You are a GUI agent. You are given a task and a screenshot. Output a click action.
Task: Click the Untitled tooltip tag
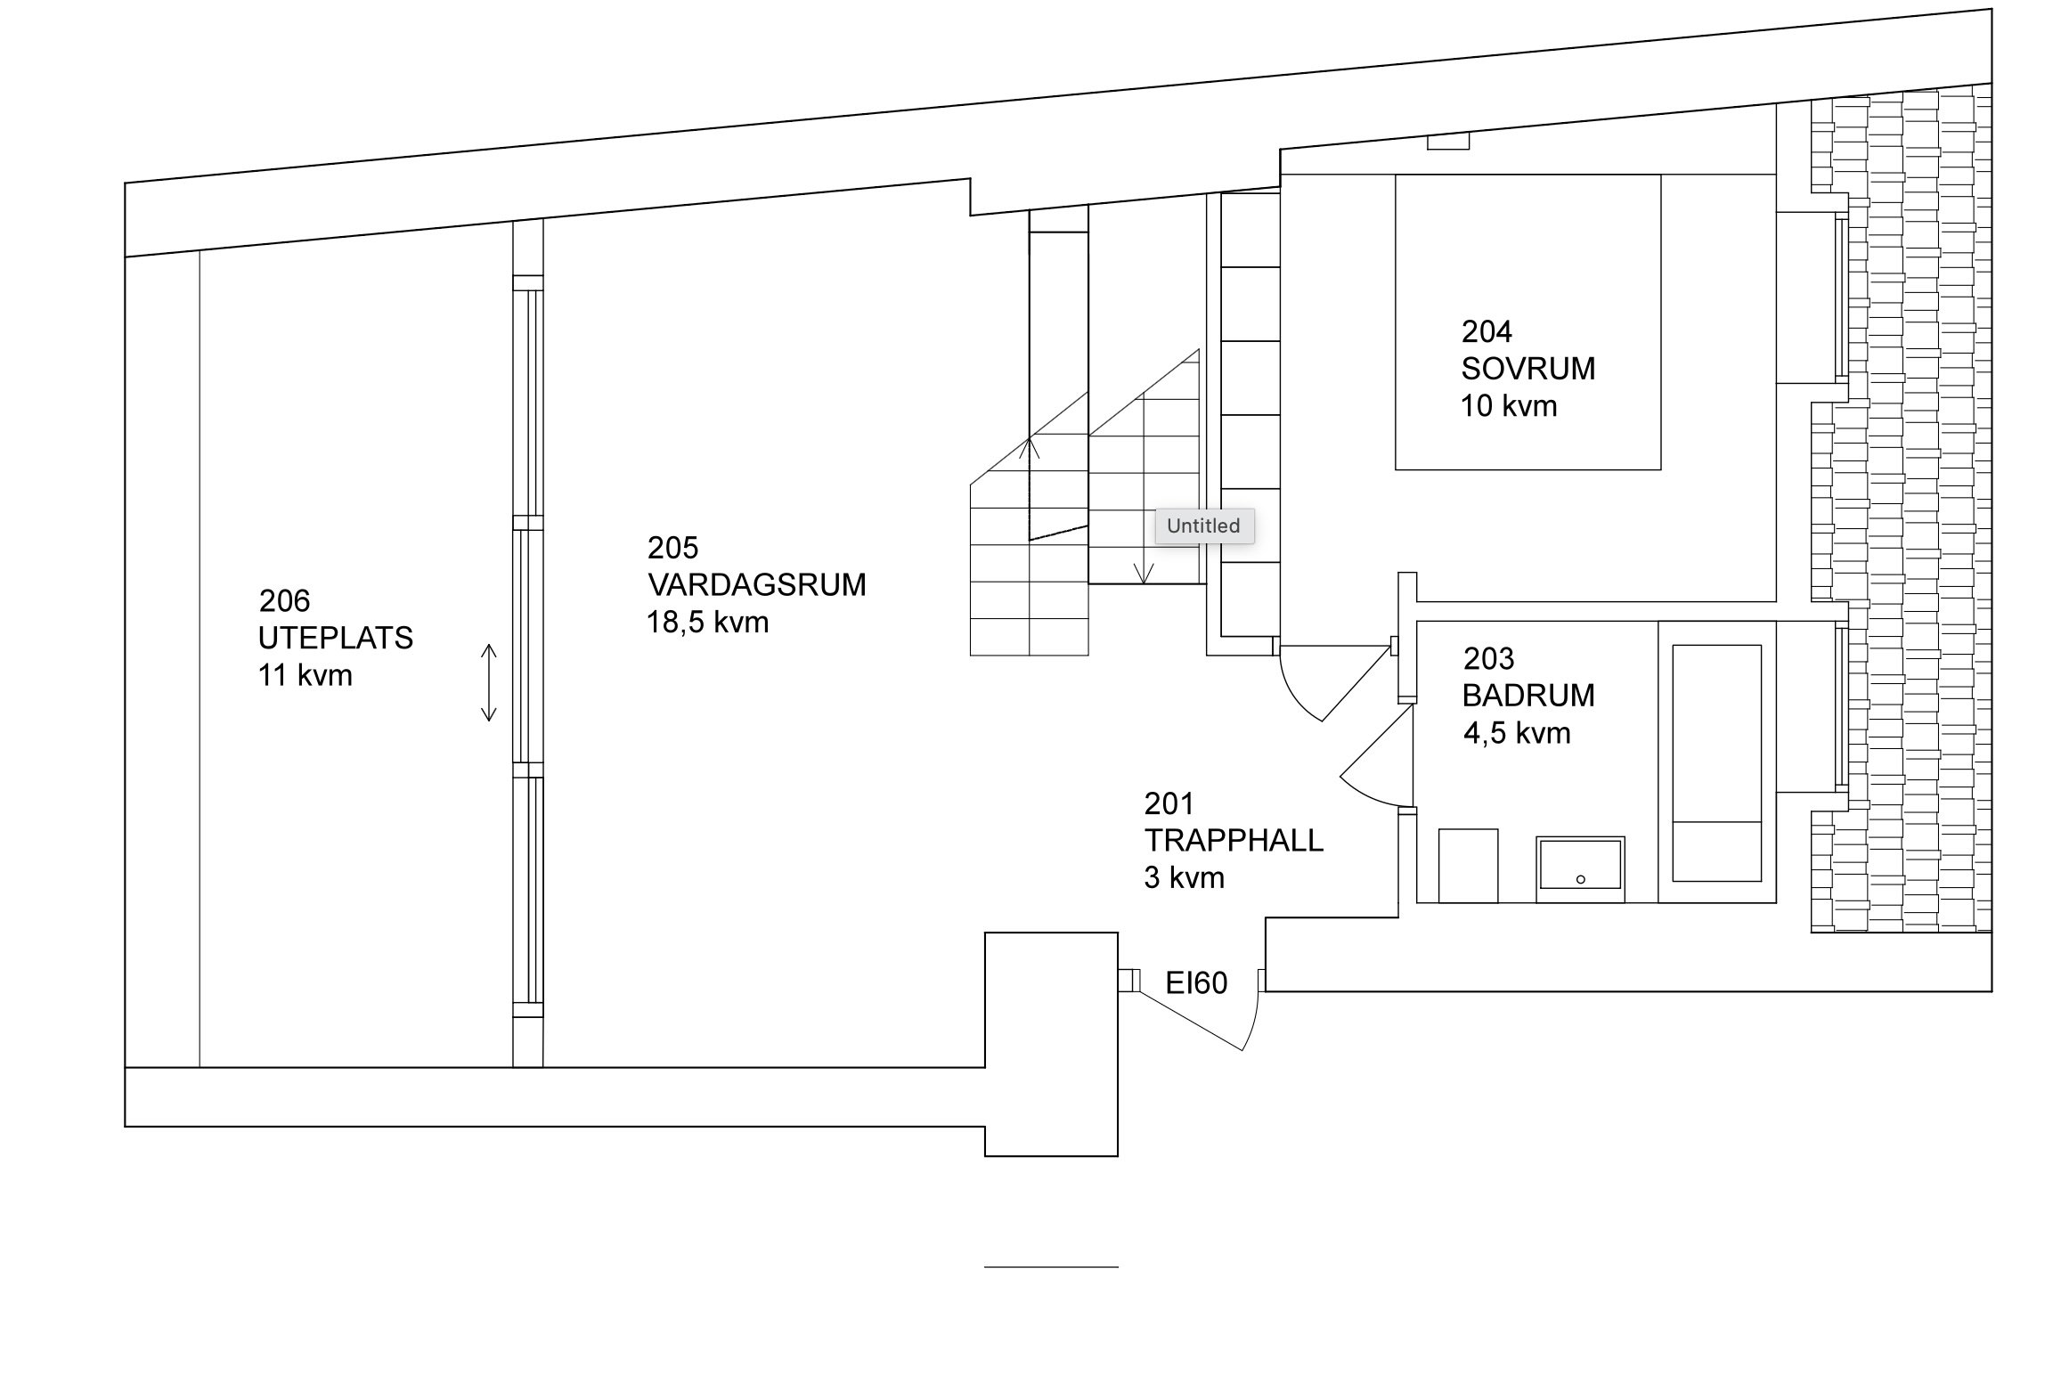click(x=1204, y=526)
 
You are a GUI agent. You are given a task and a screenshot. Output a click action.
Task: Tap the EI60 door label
click(x=1196, y=983)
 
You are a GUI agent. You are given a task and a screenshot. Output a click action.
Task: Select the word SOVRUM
click(x=1527, y=369)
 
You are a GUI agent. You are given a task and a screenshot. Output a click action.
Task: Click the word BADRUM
click(x=1528, y=696)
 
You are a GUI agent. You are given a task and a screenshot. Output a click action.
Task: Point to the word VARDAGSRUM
click(x=757, y=585)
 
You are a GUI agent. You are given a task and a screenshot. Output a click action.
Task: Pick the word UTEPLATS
click(x=336, y=639)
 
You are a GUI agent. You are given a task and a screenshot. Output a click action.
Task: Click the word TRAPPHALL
click(x=1234, y=841)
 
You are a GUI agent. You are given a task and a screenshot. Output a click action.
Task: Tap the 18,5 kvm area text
click(x=707, y=623)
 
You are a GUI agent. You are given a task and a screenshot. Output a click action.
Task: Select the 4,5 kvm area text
click(x=1517, y=733)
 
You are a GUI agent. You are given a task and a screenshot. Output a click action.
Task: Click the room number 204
click(x=1487, y=332)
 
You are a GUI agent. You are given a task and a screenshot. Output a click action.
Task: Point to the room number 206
click(x=284, y=601)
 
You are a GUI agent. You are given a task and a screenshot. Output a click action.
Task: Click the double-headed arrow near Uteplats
click(x=488, y=682)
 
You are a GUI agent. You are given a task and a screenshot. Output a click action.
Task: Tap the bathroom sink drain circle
click(x=1581, y=880)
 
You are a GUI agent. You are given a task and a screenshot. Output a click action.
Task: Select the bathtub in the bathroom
click(x=1717, y=763)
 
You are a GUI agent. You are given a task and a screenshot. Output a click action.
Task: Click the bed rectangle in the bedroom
click(x=1527, y=322)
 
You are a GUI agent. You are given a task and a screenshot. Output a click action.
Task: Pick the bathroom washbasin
click(x=1580, y=863)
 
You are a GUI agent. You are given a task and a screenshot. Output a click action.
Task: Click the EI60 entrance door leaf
click(x=1191, y=1020)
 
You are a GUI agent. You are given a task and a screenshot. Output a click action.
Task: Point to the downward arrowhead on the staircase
click(x=1144, y=574)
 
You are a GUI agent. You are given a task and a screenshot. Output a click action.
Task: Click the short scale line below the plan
click(x=1051, y=1267)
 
